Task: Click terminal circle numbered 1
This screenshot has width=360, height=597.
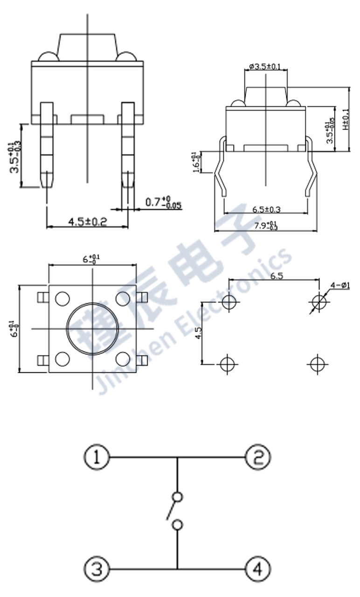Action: click(97, 457)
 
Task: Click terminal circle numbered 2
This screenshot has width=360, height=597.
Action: click(258, 457)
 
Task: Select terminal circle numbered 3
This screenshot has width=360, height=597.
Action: click(97, 569)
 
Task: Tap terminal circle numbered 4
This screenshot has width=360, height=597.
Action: click(258, 569)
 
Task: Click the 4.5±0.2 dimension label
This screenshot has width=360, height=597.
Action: click(88, 221)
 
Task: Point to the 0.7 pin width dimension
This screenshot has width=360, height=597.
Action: click(163, 203)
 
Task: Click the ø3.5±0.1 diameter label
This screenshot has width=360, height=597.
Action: click(265, 67)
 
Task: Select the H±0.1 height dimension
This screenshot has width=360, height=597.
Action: click(345, 119)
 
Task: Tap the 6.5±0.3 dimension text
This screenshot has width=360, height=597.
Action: click(266, 209)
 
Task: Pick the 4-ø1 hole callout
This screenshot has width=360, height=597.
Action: click(340, 285)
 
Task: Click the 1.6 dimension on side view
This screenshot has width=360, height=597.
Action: click(196, 162)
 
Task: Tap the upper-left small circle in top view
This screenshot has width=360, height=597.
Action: click(62, 298)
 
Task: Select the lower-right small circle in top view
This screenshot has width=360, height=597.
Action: click(123, 359)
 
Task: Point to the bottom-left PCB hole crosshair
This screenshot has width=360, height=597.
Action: click(228, 364)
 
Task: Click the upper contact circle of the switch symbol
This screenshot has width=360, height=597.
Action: click(177, 496)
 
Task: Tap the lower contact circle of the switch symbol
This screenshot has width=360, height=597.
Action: click(177, 525)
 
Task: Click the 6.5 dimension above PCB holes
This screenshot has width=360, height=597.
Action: click(277, 276)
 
